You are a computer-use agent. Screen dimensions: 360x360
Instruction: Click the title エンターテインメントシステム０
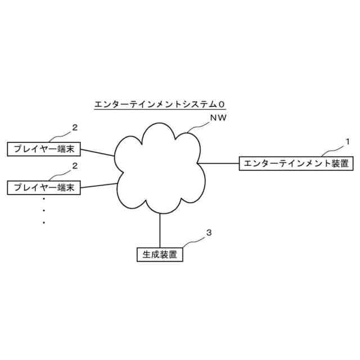[x=160, y=104]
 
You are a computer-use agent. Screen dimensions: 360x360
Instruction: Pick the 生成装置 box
[x=160, y=254]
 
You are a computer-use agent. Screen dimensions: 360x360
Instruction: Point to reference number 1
[x=347, y=141]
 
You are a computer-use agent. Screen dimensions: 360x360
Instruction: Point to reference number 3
[x=209, y=232]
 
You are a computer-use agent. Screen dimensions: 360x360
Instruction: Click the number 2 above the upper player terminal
[x=74, y=127]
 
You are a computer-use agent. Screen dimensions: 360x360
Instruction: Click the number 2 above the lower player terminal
[x=74, y=165]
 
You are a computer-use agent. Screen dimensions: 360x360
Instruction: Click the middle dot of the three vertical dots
[x=44, y=210]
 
